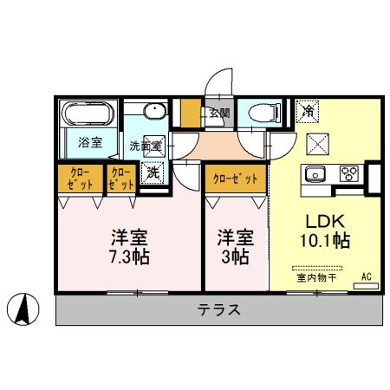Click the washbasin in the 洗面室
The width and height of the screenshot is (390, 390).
pos(153,113)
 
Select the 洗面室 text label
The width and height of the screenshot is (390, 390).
pos(146,145)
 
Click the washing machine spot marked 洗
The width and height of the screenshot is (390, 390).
pos(153,172)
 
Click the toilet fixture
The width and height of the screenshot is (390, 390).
pos(262,113)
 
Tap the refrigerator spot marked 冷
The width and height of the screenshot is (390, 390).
pos(308,111)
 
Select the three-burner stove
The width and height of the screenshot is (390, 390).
pos(349,172)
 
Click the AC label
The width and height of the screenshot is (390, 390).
pos(367,277)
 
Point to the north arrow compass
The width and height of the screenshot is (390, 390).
pos(27,309)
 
